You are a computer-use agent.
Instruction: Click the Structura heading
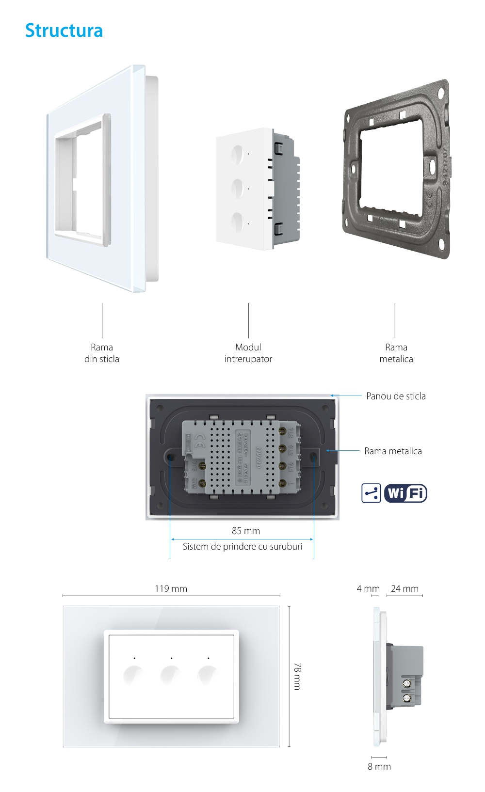tap(64, 31)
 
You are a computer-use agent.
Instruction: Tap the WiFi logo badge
tap(405, 493)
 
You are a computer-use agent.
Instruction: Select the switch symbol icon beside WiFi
tap(371, 493)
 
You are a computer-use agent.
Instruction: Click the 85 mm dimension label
tap(246, 531)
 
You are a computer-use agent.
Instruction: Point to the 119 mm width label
tap(171, 588)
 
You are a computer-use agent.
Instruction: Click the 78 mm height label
tap(297, 676)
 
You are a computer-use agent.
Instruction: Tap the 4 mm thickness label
tap(368, 588)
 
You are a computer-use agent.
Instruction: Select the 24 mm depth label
tap(404, 588)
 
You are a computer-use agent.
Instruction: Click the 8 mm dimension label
tap(379, 766)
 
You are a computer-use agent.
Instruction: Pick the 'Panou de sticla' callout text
tap(396, 396)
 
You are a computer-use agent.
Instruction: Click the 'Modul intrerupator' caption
tap(248, 353)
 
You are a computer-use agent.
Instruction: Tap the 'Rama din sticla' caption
tap(102, 353)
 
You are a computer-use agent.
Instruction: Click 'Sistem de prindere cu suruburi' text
tap(242, 546)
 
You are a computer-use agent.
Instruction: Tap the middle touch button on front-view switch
tap(170, 674)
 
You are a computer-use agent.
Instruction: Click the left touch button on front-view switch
tap(133, 674)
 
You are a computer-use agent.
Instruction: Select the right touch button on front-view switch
tap(207, 674)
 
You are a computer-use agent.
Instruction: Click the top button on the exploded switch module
tap(237, 155)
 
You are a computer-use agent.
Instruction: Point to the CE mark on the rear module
tap(199, 439)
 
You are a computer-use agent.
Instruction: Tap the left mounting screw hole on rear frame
tap(171, 457)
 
